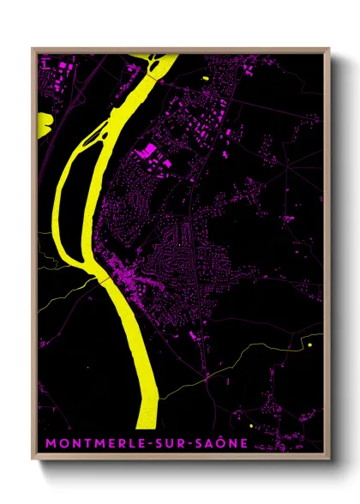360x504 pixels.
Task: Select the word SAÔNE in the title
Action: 214,443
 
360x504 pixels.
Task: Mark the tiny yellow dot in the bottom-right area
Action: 250,425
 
